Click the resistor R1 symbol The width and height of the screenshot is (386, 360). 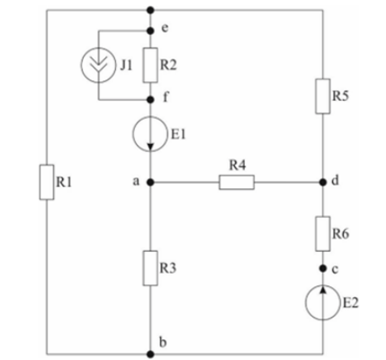(x=47, y=182)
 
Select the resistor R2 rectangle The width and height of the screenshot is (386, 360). (x=150, y=65)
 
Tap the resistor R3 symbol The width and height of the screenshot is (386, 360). (x=150, y=268)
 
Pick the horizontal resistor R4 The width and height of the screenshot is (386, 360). (x=237, y=183)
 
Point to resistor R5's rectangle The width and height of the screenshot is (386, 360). (x=323, y=96)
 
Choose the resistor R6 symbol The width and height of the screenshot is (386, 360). (x=323, y=233)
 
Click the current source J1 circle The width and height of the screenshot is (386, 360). (x=98, y=65)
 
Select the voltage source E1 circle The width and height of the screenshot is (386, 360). (x=150, y=134)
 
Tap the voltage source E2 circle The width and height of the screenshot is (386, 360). (x=323, y=302)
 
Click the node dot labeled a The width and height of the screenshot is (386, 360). (x=150, y=182)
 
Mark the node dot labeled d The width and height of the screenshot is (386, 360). (x=323, y=182)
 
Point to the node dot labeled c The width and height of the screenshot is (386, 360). (x=323, y=268)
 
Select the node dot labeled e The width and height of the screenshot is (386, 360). (x=150, y=31)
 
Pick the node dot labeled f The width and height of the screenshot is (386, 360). (x=150, y=99)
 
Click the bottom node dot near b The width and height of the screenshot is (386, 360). (x=150, y=355)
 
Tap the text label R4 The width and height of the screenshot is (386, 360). (x=238, y=166)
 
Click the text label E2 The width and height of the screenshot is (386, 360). (x=351, y=302)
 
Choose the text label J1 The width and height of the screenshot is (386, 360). (x=126, y=65)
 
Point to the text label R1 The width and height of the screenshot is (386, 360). (x=64, y=182)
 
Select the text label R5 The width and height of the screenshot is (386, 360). (x=340, y=96)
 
